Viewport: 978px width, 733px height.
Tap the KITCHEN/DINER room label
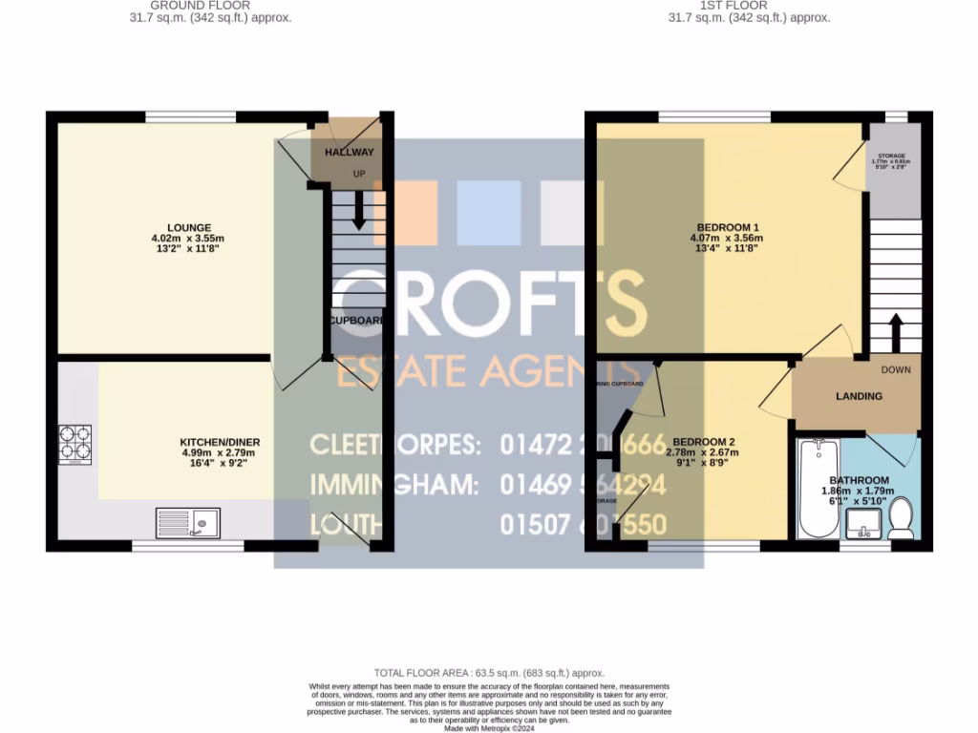point(220,442)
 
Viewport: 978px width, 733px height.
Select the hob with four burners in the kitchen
point(74,444)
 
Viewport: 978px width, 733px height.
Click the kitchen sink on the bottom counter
point(187,524)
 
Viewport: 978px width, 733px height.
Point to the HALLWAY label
point(349,152)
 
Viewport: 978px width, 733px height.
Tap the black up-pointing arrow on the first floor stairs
point(896,334)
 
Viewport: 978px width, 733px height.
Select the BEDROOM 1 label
point(728,227)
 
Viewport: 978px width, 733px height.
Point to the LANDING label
point(859,396)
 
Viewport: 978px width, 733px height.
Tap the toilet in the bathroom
point(900,519)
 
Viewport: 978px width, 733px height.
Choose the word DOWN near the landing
point(896,370)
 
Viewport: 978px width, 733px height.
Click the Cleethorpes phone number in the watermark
point(583,445)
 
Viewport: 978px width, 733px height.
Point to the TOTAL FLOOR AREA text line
point(489,674)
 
